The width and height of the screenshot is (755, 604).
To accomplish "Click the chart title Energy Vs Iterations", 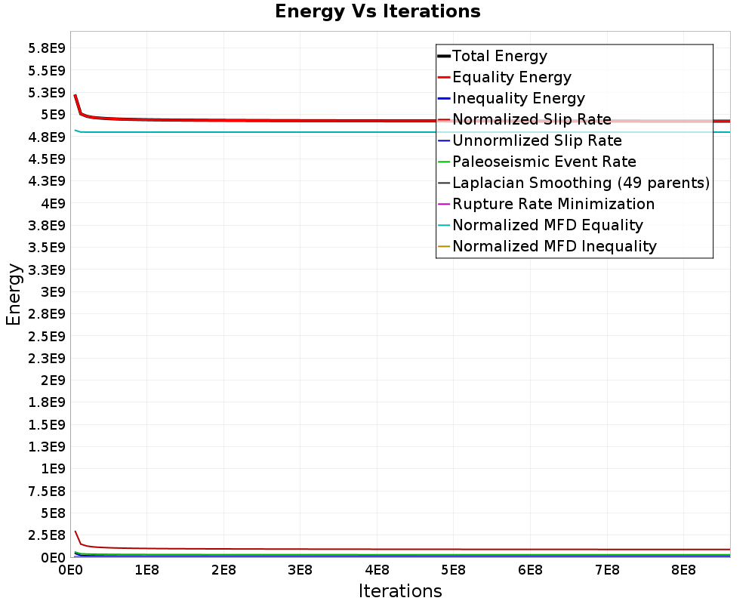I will click(x=377, y=11).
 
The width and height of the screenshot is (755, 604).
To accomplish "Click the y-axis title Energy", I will click(x=14, y=294).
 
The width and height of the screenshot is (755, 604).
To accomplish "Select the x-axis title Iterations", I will click(x=400, y=590).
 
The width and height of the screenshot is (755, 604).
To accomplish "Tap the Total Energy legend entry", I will click(x=499, y=56).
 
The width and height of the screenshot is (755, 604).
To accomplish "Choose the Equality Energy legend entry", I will click(x=511, y=77).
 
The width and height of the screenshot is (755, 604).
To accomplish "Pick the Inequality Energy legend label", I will click(x=518, y=98).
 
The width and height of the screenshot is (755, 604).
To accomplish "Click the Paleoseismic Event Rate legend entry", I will click(x=544, y=162).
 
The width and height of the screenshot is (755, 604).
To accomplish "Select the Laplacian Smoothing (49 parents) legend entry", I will click(x=581, y=183).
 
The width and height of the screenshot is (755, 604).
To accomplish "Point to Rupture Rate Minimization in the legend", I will click(x=553, y=204).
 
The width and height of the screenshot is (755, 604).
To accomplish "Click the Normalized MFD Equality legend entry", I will click(x=547, y=225).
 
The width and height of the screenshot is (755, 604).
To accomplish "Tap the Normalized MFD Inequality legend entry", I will click(x=554, y=246).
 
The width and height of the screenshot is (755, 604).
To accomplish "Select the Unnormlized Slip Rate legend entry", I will click(x=537, y=140).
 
